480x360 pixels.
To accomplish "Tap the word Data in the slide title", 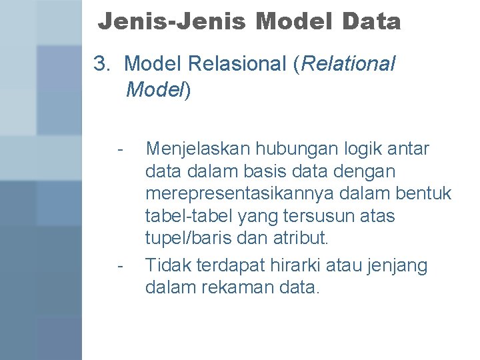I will (371, 22).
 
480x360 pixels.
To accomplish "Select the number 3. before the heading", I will (102, 64).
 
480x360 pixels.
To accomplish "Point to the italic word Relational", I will (349, 64).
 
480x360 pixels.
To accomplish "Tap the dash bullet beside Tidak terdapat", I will (119, 266).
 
